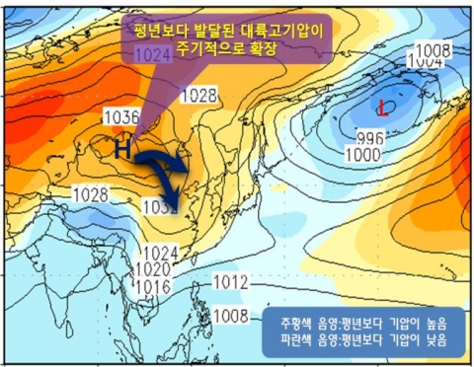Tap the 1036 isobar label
point(120,116)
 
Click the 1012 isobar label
point(230,282)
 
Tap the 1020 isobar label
point(152,268)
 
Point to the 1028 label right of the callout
point(199,95)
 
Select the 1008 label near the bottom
point(230,316)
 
